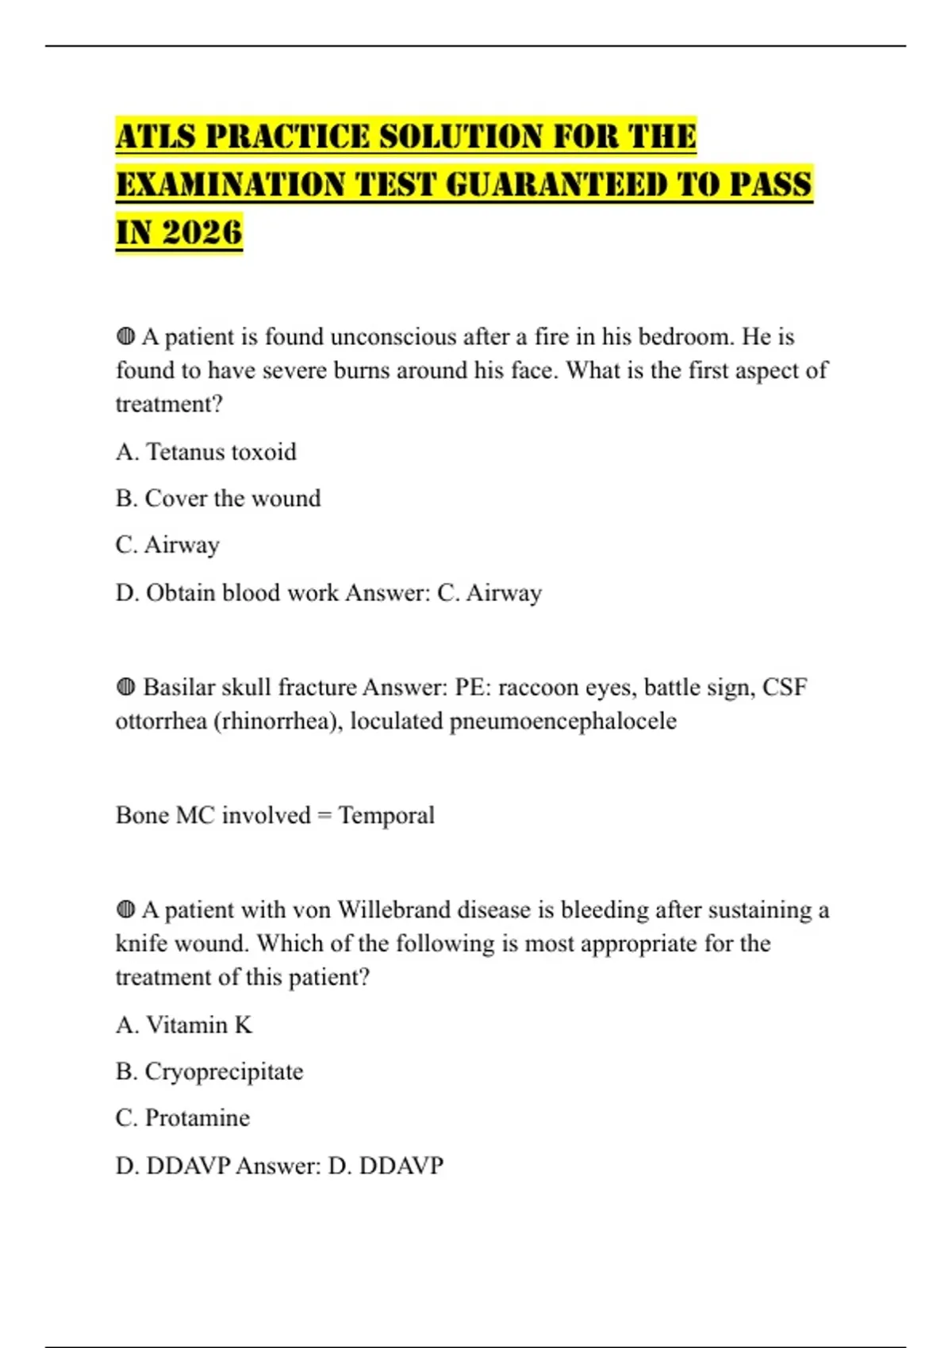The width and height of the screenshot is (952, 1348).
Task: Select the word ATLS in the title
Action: [x=155, y=136]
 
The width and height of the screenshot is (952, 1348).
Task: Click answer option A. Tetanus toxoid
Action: [x=205, y=452]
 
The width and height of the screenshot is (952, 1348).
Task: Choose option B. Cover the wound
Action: [x=218, y=499]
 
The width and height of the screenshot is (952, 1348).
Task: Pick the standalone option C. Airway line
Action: [x=167, y=546]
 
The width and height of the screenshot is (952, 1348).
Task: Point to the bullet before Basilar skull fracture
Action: [x=125, y=687]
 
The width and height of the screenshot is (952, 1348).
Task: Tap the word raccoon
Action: [x=538, y=687]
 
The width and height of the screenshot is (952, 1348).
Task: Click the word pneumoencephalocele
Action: [x=563, y=722]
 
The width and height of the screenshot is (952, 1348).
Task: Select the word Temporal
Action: [x=386, y=815]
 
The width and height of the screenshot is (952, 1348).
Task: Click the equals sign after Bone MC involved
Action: [x=324, y=816]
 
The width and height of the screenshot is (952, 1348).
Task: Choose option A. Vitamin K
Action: [x=184, y=1025]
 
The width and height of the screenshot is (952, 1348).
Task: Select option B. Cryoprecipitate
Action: [x=209, y=1072]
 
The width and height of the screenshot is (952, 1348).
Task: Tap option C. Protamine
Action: [x=182, y=1118]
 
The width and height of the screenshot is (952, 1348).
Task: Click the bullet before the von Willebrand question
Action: [x=125, y=910]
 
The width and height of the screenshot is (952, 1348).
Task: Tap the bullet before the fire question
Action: [x=125, y=337]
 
